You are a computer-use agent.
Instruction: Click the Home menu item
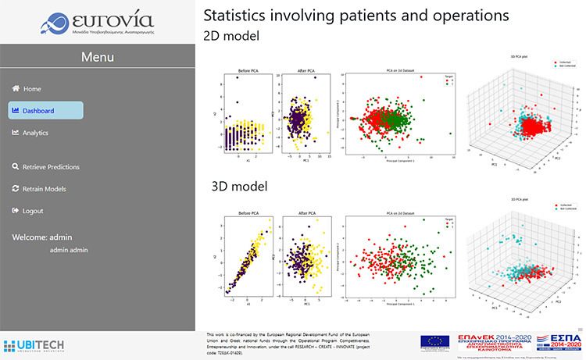32,89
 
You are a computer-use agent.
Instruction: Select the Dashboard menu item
38,111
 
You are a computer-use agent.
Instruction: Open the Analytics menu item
35,133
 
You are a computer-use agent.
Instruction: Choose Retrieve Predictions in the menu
51,167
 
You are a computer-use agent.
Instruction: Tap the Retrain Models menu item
44,189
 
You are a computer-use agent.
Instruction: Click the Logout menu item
33,211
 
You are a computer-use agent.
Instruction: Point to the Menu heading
98,57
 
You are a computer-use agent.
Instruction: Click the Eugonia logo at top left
97,22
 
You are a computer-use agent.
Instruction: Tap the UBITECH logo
29,344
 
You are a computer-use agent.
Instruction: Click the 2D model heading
232,36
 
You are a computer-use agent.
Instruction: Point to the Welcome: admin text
41,237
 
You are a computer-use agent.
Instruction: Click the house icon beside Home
16,89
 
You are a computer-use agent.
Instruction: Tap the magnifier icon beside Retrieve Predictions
16,167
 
